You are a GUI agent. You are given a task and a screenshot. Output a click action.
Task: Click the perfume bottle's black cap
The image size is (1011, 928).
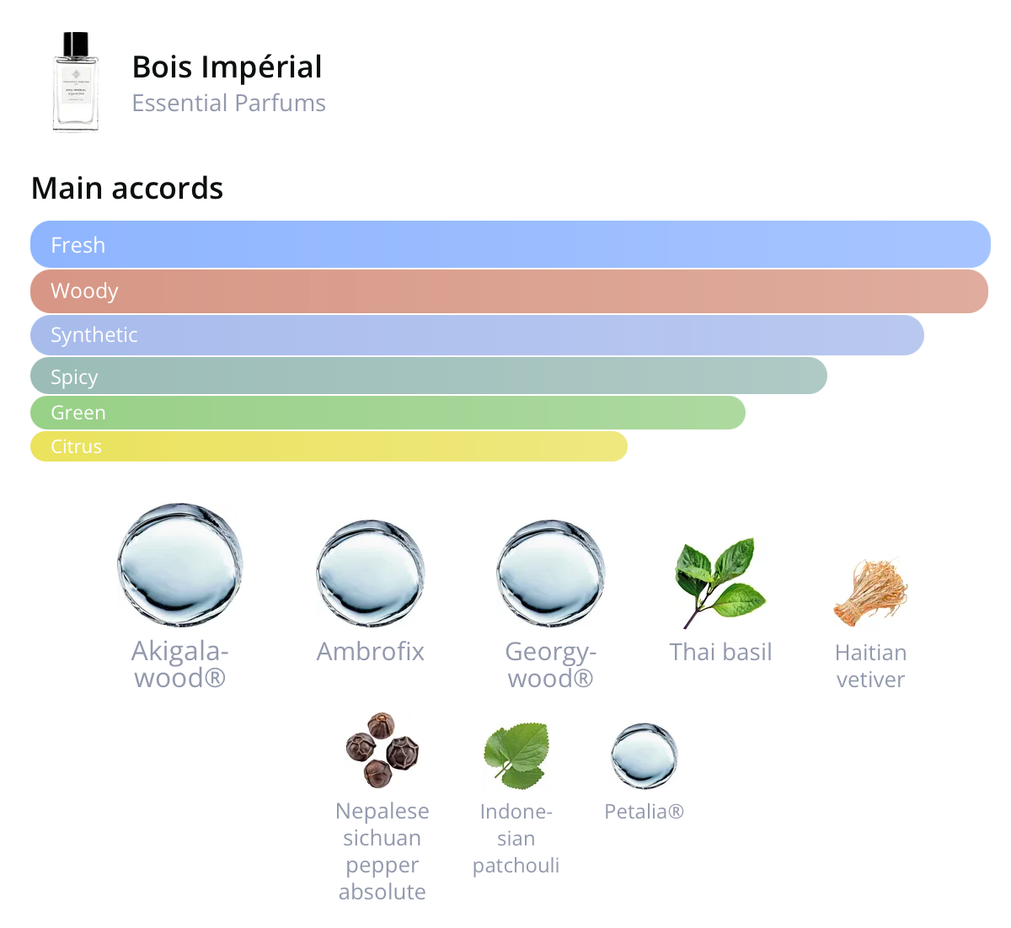pos(76,45)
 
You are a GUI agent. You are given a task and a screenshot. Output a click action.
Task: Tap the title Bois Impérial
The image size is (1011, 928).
pos(227,67)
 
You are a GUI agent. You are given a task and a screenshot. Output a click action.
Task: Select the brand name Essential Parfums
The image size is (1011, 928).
pos(229,104)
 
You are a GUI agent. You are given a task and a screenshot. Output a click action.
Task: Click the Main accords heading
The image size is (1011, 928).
pos(127,189)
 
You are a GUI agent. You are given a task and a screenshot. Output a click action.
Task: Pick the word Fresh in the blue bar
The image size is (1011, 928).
pos(78,245)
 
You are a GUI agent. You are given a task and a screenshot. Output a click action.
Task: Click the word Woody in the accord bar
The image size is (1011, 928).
pos(84,291)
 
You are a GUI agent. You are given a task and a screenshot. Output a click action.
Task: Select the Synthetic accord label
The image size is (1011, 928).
pos(94,335)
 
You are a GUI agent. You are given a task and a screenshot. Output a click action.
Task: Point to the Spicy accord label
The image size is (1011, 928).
pos(74,377)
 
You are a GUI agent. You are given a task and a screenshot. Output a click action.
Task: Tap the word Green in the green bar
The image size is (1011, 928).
pos(78,413)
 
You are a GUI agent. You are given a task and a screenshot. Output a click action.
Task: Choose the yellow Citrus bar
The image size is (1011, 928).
pos(329,446)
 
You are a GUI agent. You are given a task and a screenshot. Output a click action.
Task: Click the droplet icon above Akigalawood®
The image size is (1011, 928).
pos(180,565)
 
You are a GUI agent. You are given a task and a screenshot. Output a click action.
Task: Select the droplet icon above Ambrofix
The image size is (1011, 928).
pos(371,573)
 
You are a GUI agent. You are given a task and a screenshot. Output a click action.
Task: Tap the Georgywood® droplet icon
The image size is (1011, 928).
pos(551,573)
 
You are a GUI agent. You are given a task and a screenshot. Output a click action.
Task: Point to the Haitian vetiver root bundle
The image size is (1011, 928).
pos(870,593)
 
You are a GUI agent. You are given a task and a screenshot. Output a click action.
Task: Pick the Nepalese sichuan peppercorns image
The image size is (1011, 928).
pos(382,750)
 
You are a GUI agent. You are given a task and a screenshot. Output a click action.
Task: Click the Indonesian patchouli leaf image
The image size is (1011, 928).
pos(516,755)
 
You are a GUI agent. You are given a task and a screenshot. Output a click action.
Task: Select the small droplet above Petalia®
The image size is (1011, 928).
pos(645,755)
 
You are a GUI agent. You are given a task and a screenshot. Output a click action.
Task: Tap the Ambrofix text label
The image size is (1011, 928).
pos(371,652)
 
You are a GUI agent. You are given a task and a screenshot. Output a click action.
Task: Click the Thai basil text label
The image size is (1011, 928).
pos(720,653)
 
